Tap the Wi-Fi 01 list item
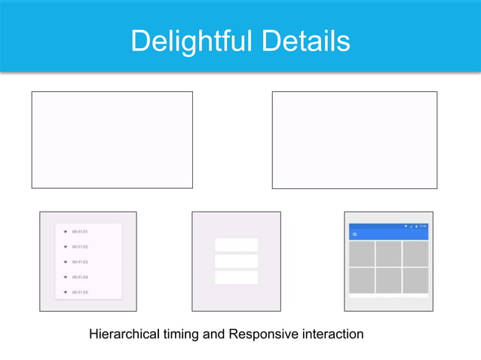(x=80, y=232)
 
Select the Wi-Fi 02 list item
(x=80, y=247)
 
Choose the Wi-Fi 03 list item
(x=80, y=262)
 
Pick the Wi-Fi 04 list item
(x=80, y=277)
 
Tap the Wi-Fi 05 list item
(x=80, y=292)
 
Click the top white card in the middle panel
(x=236, y=245)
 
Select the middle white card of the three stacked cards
(x=236, y=261)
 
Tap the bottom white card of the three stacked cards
(x=236, y=277)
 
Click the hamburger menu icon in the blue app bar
(x=354, y=234)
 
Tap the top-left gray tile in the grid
(x=362, y=254)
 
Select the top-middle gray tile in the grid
(x=388, y=254)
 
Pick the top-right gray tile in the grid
(x=415, y=254)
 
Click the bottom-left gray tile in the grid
(x=362, y=280)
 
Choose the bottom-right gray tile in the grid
(x=415, y=280)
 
